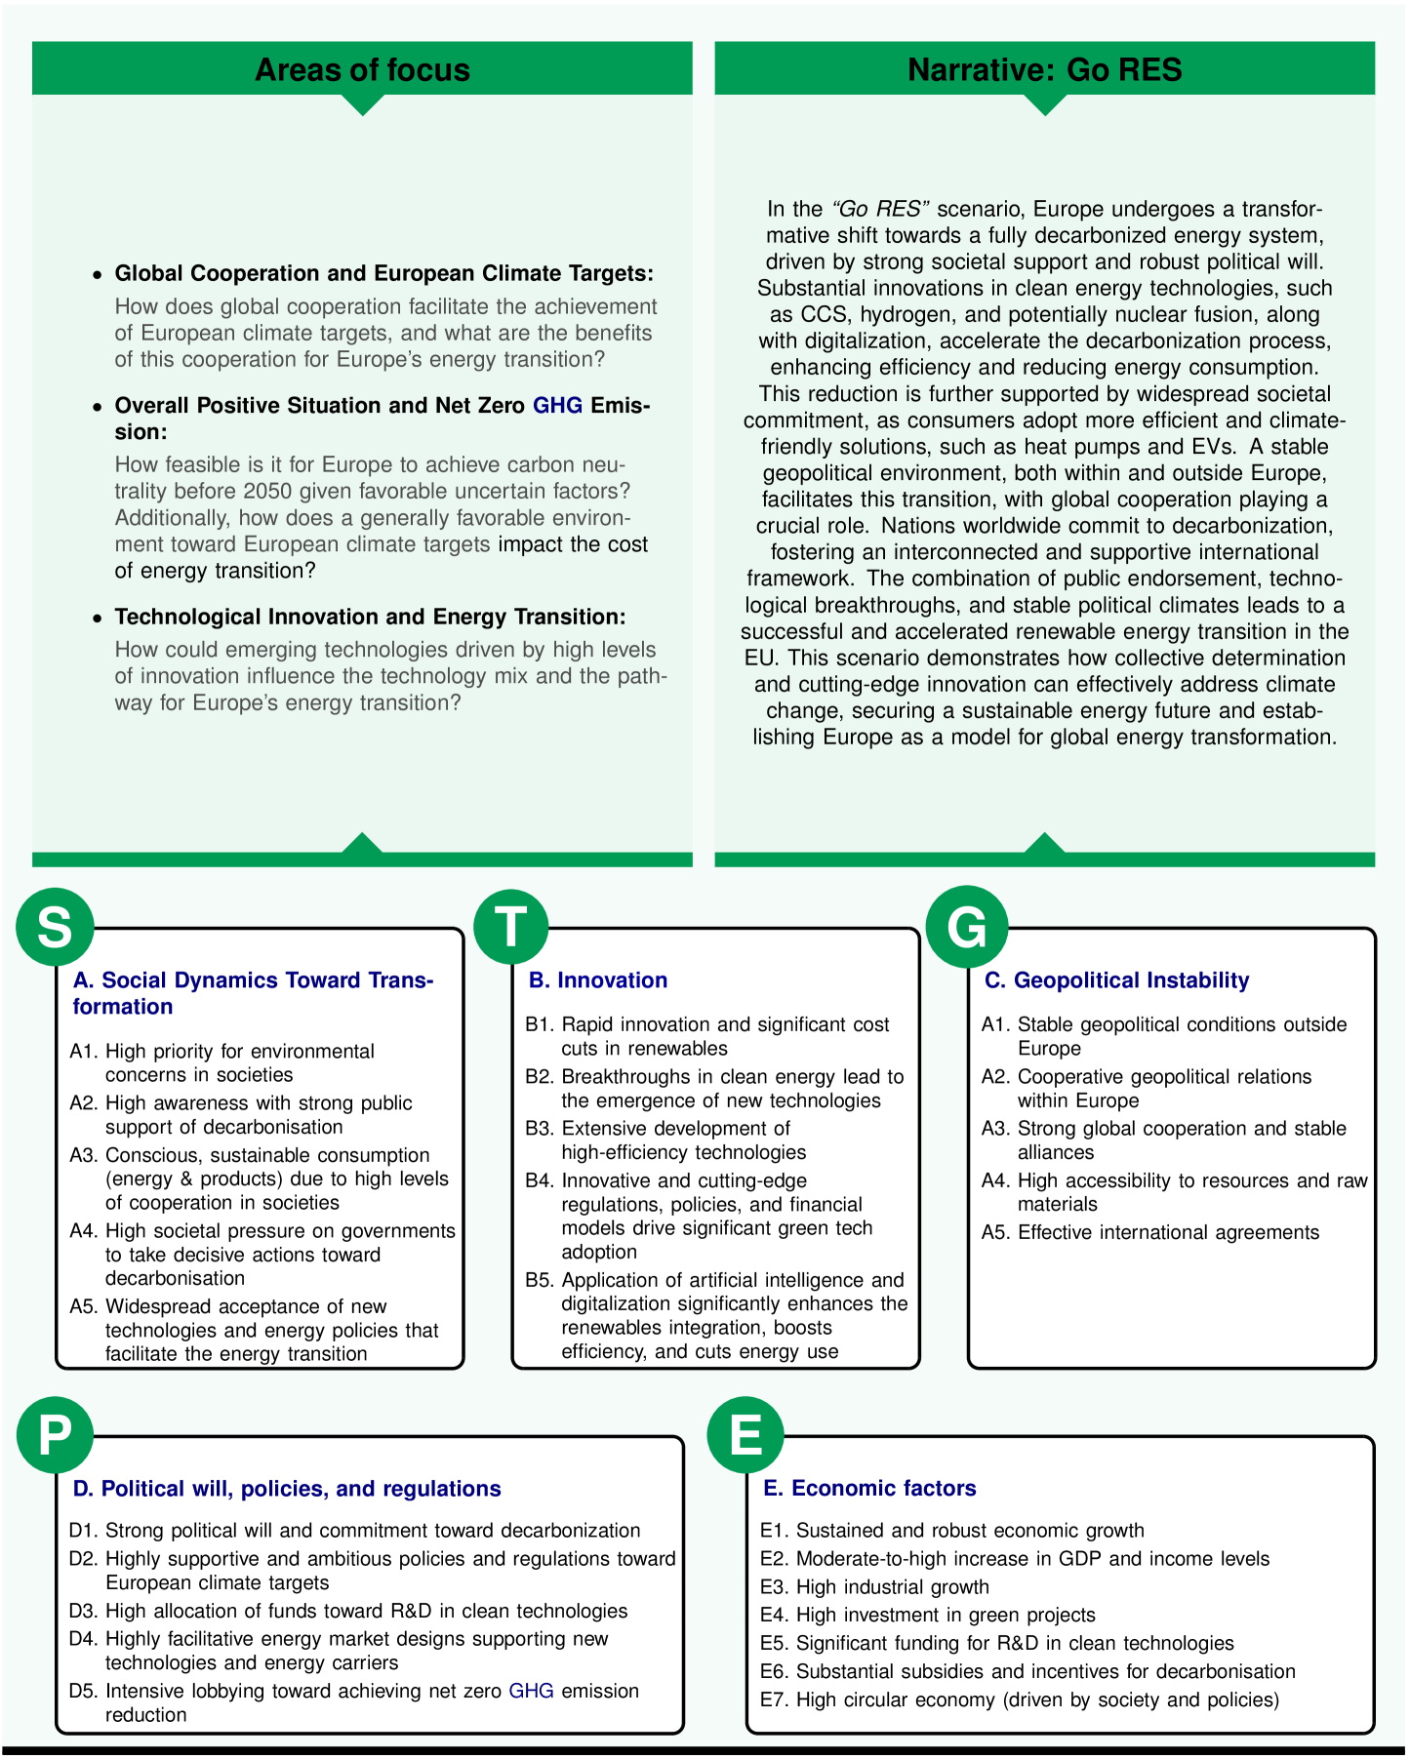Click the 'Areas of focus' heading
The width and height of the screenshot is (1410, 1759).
[362, 70]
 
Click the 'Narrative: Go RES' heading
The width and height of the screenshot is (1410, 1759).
[1044, 70]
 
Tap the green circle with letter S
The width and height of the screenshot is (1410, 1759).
[55, 926]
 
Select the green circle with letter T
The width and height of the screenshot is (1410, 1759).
[511, 926]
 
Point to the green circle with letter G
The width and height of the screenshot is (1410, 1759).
[967, 926]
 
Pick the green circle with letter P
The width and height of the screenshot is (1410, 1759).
[55, 1434]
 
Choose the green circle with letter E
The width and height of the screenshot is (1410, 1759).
[745, 1434]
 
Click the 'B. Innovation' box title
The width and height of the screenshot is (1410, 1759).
[598, 980]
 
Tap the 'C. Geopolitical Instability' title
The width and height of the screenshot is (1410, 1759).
[1117, 980]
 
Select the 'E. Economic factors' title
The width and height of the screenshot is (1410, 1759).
[870, 1489]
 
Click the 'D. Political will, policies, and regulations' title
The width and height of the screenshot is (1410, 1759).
[287, 1489]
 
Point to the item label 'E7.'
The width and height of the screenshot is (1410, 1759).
[775, 1700]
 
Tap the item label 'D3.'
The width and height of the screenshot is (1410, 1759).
[84, 1612]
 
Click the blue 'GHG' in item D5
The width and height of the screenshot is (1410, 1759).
[532, 1691]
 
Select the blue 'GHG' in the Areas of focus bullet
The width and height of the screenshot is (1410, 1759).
[557, 406]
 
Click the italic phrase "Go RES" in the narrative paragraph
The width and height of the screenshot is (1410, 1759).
[880, 209]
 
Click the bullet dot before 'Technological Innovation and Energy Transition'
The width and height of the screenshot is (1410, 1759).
[96, 619]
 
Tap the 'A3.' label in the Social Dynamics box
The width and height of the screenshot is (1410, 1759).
[84, 1156]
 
